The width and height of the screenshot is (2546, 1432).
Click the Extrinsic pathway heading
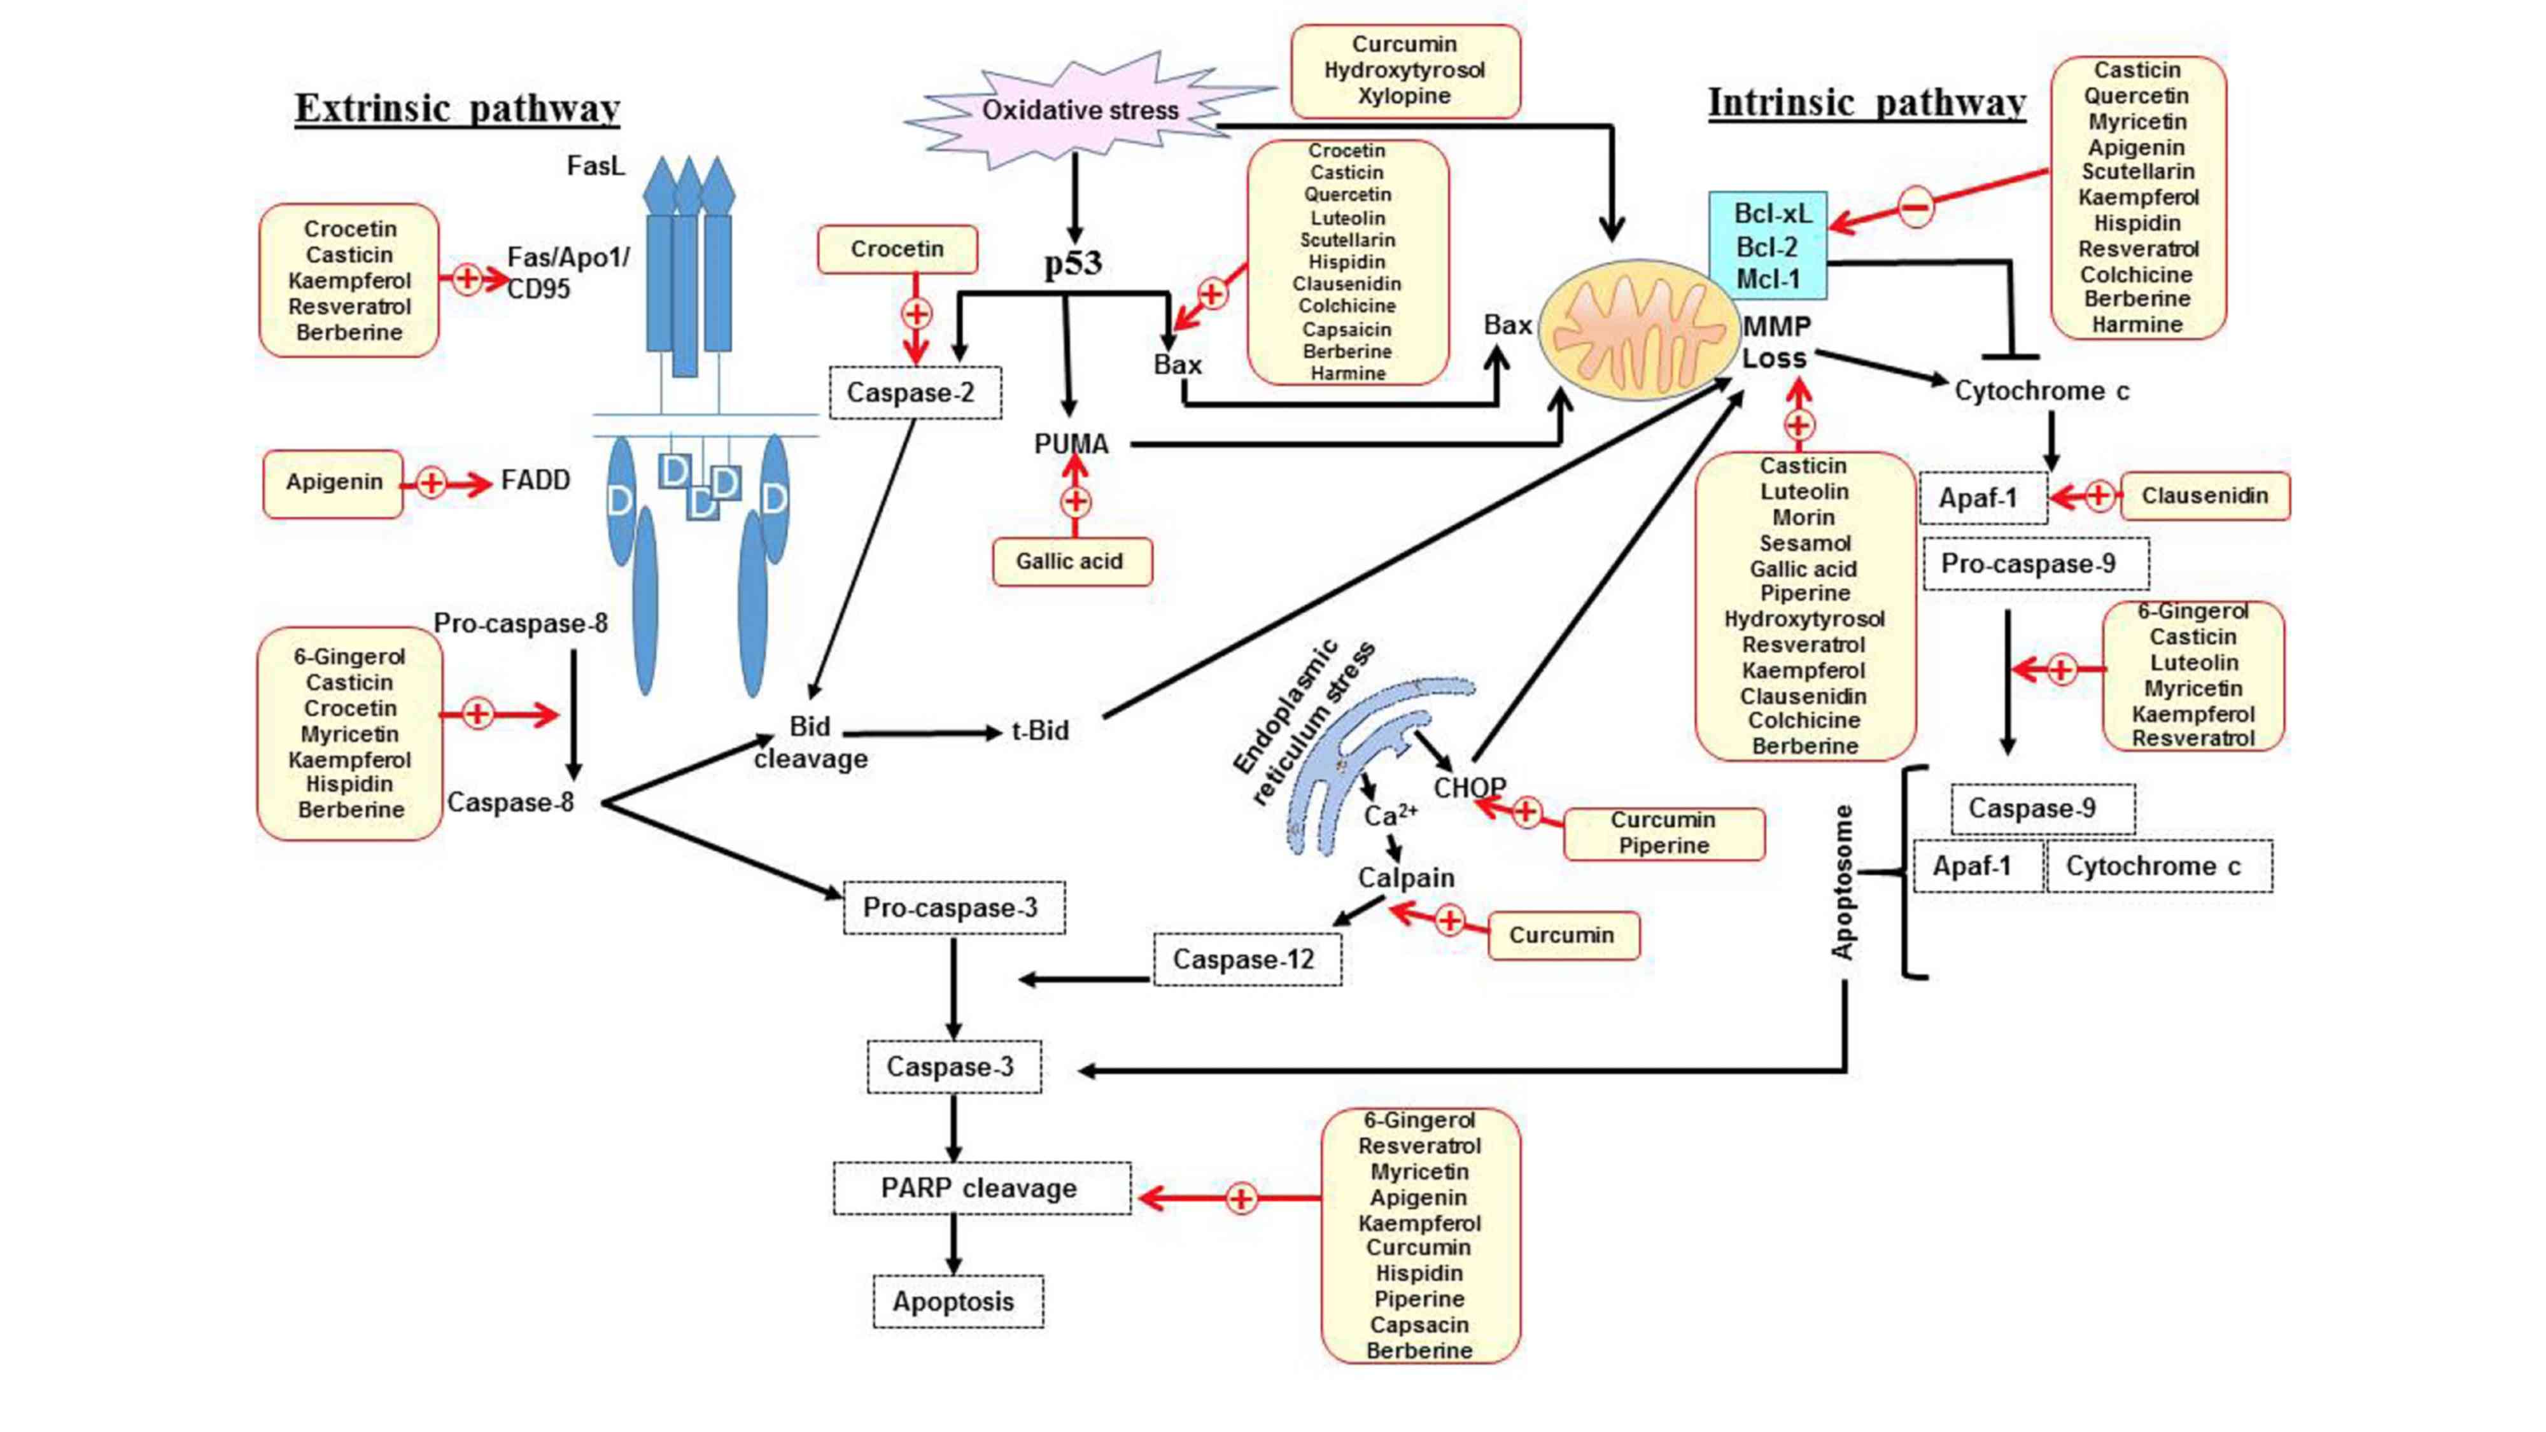pyautogui.click(x=456, y=108)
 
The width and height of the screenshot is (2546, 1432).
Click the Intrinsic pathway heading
pyautogui.click(x=1866, y=102)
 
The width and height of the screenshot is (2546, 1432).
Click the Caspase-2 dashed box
pyautogui.click(x=914, y=392)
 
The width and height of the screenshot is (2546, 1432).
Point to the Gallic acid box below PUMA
pyautogui.click(x=1071, y=561)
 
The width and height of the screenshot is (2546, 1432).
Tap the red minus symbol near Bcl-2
pyautogui.click(x=1915, y=207)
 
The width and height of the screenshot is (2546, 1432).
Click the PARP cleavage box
pyautogui.click(x=980, y=1188)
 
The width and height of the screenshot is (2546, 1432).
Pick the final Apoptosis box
pyautogui.click(x=956, y=1302)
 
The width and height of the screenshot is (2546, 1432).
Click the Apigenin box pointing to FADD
pyautogui.click(x=333, y=482)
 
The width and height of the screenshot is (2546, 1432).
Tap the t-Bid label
pyautogui.click(x=1040, y=731)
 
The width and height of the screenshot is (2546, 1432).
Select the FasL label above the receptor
pyautogui.click(x=595, y=166)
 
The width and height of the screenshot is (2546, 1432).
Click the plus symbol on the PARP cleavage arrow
pyautogui.click(x=1241, y=1199)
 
